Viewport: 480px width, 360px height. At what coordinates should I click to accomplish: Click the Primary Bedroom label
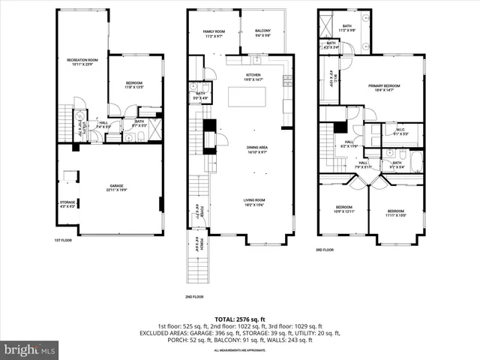383,87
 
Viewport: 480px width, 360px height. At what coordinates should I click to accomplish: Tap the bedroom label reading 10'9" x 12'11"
343,209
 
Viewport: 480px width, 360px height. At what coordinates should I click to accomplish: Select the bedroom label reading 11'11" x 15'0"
397,214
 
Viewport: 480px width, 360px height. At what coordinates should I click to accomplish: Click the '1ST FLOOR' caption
63,240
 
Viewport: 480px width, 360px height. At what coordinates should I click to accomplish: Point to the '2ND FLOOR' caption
193,296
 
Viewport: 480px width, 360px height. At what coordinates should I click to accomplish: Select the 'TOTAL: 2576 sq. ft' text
240,319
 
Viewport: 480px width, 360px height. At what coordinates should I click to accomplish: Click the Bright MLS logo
30,349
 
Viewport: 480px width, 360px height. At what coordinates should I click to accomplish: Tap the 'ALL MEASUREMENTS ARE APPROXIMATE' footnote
240,350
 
